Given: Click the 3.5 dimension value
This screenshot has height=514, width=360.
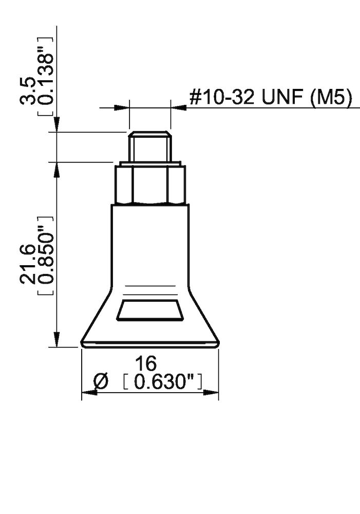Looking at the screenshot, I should pos(29,91).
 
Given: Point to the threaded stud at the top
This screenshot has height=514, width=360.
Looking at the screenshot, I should pos(149,146).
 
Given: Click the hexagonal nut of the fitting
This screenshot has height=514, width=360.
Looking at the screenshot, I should pos(149,184).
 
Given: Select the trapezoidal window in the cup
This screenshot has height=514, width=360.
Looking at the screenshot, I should pos(150,310).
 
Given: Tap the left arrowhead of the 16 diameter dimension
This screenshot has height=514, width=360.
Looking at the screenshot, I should pos(89,393).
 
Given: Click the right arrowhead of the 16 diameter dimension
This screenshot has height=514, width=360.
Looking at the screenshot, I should pos(212,393).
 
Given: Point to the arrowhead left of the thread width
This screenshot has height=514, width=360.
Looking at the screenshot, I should pos(121,107).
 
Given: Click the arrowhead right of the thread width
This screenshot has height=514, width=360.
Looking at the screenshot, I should pos(178,107).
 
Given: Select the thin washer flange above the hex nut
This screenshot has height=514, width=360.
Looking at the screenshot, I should pos(149,163).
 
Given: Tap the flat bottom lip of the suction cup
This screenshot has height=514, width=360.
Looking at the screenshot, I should pos(149,343).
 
